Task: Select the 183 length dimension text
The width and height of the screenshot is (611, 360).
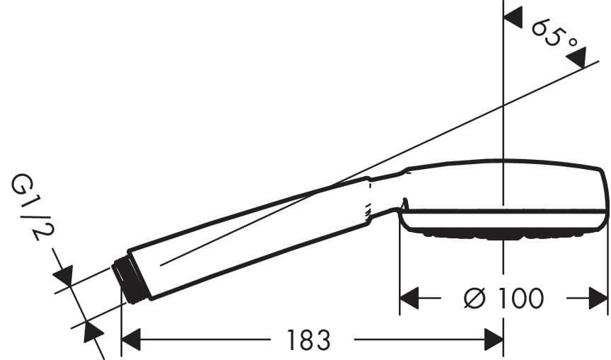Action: [x=308, y=340]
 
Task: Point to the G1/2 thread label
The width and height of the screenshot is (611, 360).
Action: [x=33, y=207]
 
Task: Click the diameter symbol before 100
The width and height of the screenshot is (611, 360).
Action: [x=475, y=298]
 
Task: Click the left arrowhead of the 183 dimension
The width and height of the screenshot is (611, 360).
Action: [x=132, y=339]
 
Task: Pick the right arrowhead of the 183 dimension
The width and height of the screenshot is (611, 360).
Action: [x=494, y=339]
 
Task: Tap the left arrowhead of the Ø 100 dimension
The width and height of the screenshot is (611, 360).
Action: [x=409, y=298]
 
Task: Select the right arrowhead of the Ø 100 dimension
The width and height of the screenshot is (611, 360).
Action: [x=598, y=298]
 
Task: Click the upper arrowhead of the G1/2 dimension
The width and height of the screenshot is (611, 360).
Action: [x=64, y=275]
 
